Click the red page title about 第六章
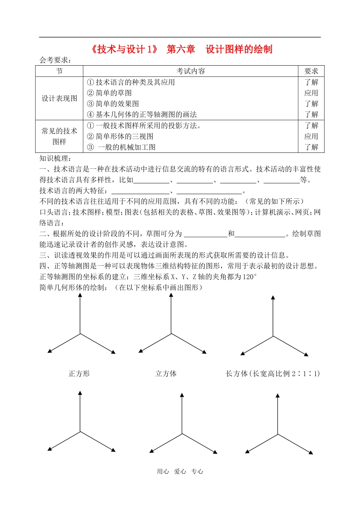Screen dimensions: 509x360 coord(181,49)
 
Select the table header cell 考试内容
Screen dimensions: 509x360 coord(191,71)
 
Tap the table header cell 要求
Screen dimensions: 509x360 coord(311,71)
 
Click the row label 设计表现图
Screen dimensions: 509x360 coord(59,98)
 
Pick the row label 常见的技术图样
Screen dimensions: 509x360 coord(59,136)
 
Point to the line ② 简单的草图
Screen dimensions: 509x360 coord(110,93)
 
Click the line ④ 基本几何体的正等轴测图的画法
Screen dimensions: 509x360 coord(142,115)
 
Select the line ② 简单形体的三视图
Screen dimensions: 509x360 coord(120,137)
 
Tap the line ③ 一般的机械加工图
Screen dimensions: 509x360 coord(121,147)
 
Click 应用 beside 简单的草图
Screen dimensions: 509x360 coord(311,93)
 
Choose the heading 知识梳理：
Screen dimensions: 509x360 coord(55,158)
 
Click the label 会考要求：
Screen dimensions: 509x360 coord(55,60)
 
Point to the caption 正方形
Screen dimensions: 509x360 coord(79,374)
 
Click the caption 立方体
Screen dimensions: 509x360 coord(166,374)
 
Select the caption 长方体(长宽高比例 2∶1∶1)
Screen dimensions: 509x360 coord(273,374)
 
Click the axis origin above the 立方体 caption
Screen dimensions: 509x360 coord(171,334)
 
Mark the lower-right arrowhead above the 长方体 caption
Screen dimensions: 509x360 coord(306,355)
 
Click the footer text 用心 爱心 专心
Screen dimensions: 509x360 coord(180,471)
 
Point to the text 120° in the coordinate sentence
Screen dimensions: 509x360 coord(249,277)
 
